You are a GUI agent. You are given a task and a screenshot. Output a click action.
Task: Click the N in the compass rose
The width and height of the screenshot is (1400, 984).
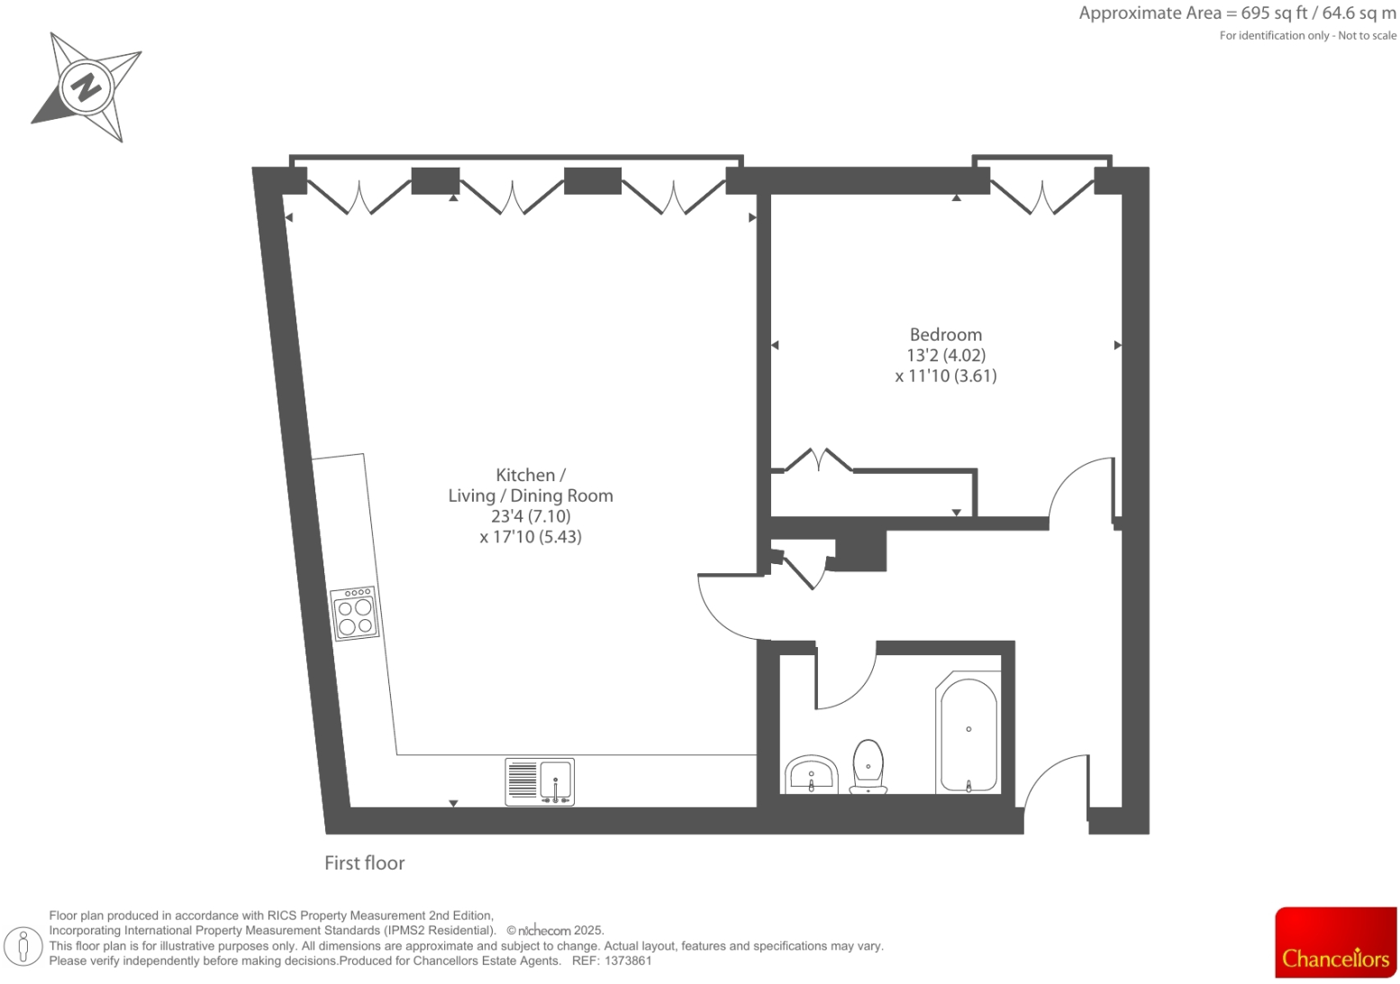point(86,87)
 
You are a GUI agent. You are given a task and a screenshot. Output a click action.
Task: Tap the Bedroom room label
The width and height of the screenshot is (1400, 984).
point(945,334)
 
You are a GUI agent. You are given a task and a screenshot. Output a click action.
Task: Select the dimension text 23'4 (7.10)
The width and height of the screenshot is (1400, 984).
point(531,516)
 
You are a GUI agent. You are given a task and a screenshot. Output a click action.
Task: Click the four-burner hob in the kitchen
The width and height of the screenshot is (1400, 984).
point(355,614)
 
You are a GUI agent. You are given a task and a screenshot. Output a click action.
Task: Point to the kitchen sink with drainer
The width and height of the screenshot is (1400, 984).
point(540,781)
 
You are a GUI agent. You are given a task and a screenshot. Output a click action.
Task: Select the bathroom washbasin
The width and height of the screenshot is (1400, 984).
point(812,775)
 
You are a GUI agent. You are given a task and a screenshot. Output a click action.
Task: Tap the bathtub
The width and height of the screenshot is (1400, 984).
point(968,732)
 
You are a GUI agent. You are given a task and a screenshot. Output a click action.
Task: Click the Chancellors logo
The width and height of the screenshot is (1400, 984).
point(1335,943)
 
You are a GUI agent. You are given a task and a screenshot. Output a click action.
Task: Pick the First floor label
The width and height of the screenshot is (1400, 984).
point(364,863)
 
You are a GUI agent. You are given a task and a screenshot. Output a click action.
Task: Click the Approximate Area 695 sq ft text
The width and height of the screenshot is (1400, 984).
point(1237,14)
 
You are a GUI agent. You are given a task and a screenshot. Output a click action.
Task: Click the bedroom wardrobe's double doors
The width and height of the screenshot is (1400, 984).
point(818,460)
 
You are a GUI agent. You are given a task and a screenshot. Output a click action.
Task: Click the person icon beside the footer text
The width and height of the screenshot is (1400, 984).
point(24,946)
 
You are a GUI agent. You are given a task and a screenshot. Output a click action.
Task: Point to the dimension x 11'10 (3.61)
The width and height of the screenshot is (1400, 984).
point(945,377)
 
